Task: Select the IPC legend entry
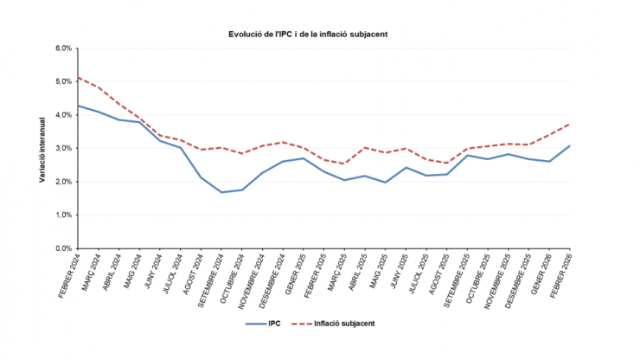(266, 323)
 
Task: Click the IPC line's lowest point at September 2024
(221, 192)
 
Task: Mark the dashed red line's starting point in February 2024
(79, 78)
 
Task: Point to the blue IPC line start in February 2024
(79, 106)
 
